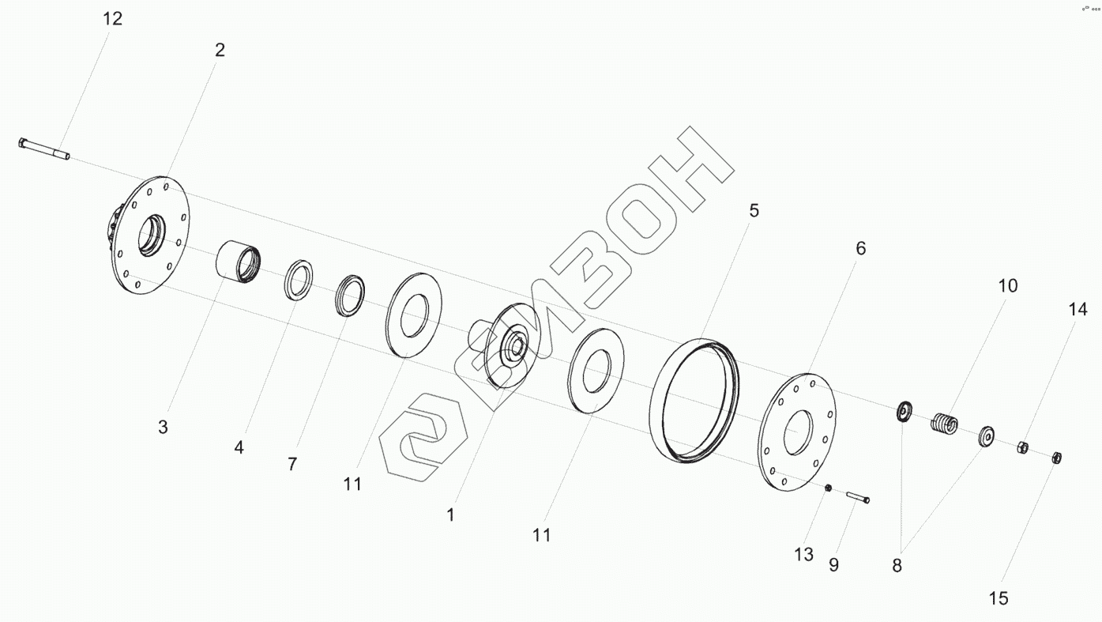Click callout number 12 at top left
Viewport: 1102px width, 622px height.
click(112, 19)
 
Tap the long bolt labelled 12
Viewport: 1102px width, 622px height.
click(44, 149)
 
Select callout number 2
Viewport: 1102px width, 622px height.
click(220, 51)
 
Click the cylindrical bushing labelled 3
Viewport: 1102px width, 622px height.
click(238, 266)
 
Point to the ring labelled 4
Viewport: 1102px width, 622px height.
click(298, 280)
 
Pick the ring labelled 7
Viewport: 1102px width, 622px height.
click(350, 296)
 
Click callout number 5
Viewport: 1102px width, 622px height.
click(754, 210)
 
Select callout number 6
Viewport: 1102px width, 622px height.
click(860, 248)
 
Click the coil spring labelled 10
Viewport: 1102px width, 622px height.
click(944, 424)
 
